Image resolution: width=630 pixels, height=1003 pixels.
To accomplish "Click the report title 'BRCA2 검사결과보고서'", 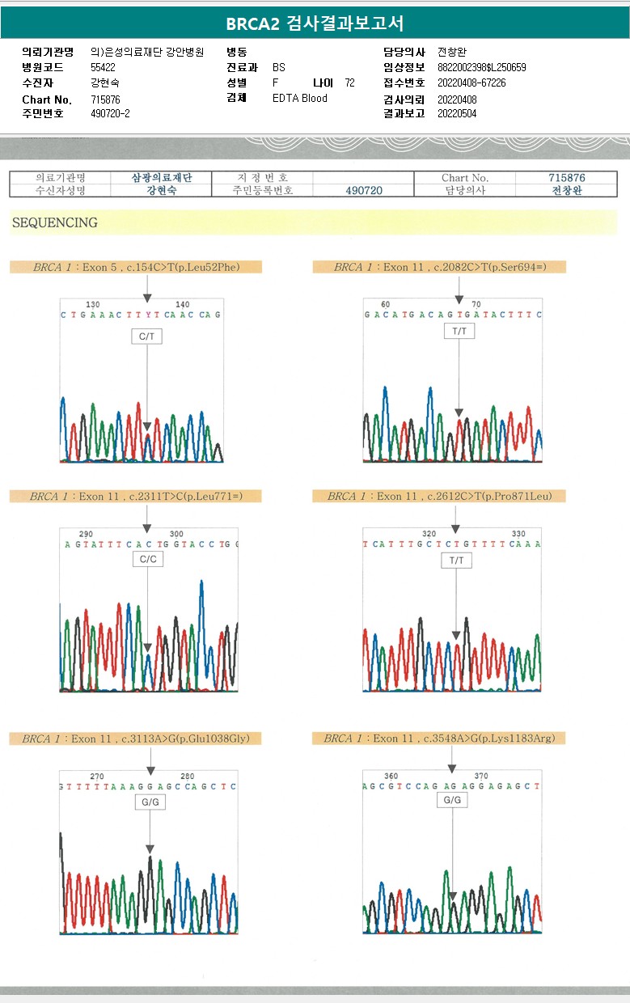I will pos(315,23).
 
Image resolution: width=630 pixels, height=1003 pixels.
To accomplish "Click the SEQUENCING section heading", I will pos(54,222).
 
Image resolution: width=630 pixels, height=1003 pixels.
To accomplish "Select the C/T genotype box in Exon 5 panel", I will pos(147,336).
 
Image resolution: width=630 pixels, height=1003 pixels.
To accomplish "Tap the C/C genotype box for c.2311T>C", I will pos(147,559).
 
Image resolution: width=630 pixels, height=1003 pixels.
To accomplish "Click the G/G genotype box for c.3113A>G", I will pos(150,802).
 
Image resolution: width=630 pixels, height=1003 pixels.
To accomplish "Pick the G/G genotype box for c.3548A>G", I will pos(452,800).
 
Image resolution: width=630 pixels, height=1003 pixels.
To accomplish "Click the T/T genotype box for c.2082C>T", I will pos(459,331).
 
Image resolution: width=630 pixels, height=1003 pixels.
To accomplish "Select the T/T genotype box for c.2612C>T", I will pos(456,560).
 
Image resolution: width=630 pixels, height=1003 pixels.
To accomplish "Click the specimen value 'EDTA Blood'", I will pos(300,98).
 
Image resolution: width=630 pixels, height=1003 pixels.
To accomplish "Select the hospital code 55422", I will pos(104,68).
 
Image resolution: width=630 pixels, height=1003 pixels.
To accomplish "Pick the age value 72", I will pos(349,83).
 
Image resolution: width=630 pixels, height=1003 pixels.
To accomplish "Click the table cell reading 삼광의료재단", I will pos(162,178).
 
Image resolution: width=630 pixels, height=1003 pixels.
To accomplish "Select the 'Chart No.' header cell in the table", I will pos(465,178).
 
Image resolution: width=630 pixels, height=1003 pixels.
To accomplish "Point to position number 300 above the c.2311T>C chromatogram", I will pos(176,534).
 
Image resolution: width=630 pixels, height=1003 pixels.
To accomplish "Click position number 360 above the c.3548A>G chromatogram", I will pos(391,776).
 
